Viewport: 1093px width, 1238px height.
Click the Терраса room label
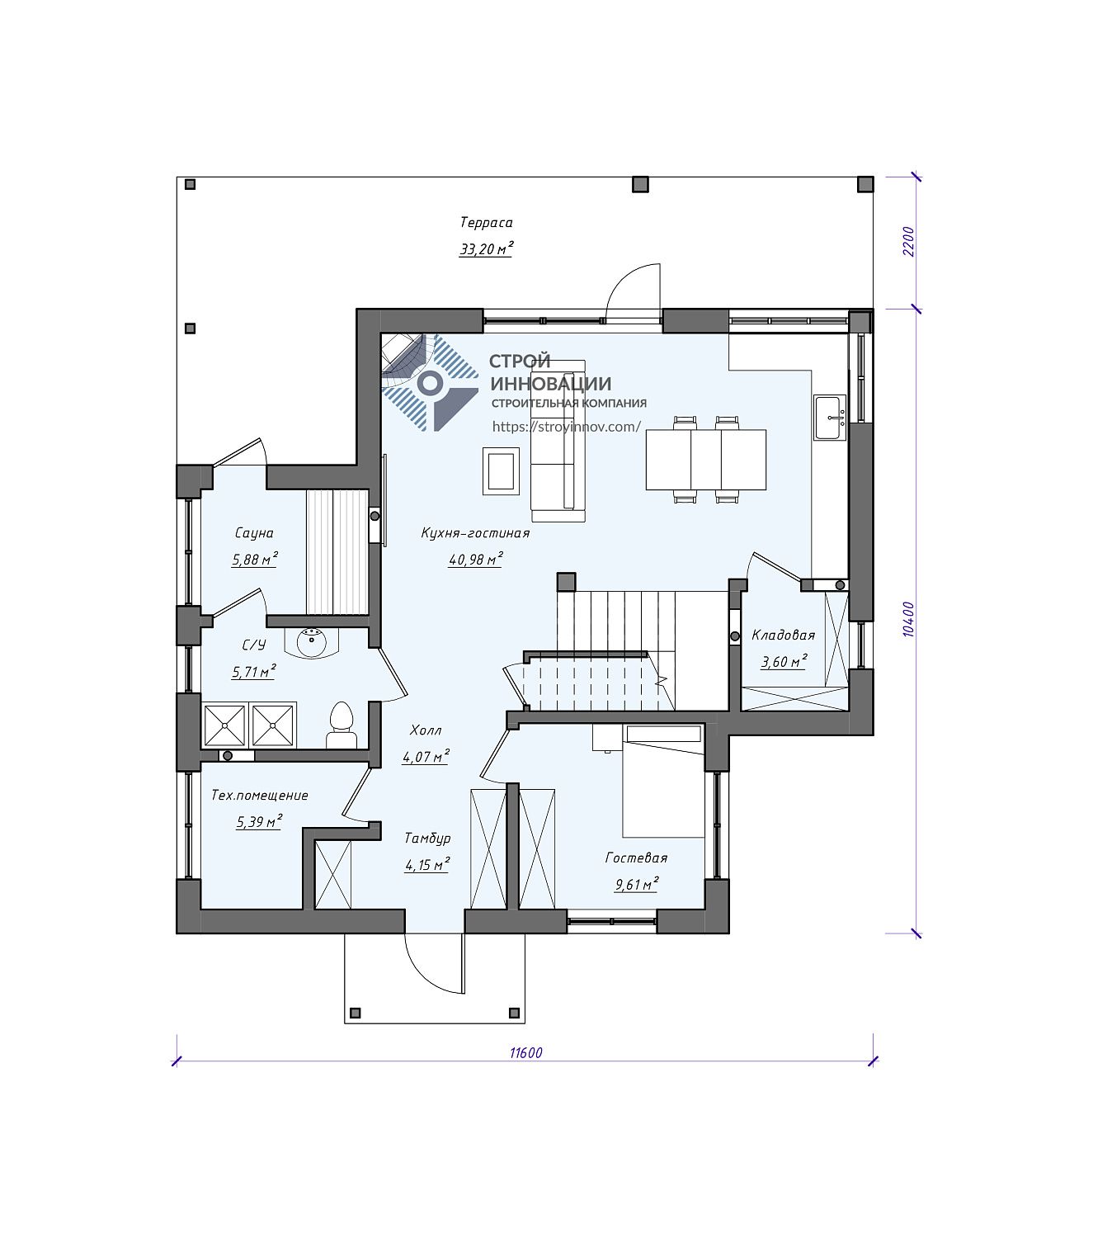pyautogui.click(x=487, y=223)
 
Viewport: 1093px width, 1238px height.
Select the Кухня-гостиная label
pyautogui.click(x=474, y=533)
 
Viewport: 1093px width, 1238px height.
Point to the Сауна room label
pyautogui.click(x=253, y=533)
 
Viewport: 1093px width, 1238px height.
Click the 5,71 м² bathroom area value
pyautogui.click(x=253, y=672)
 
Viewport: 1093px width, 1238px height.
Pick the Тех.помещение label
pyautogui.click(x=260, y=795)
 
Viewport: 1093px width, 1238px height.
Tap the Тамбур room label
pyautogui.click(x=427, y=839)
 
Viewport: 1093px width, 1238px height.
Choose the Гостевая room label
pyautogui.click(x=636, y=858)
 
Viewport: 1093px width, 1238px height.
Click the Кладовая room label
pyautogui.click(x=783, y=635)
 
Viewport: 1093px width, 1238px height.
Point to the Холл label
pyautogui.click(x=425, y=730)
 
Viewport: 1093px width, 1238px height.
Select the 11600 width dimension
pyautogui.click(x=526, y=1052)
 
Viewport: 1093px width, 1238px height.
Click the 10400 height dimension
pyautogui.click(x=908, y=619)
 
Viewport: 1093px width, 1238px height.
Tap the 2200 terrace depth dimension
pyautogui.click(x=908, y=242)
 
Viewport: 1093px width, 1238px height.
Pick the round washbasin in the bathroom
pyautogui.click(x=313, y=643)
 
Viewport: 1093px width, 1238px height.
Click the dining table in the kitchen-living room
pyautogui.click(x=705, y=460)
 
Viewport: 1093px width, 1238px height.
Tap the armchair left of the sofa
pyautogui.click(x=501, y=470)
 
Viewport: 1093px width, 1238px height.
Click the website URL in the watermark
pyautogui.click(x=567, y=427)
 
